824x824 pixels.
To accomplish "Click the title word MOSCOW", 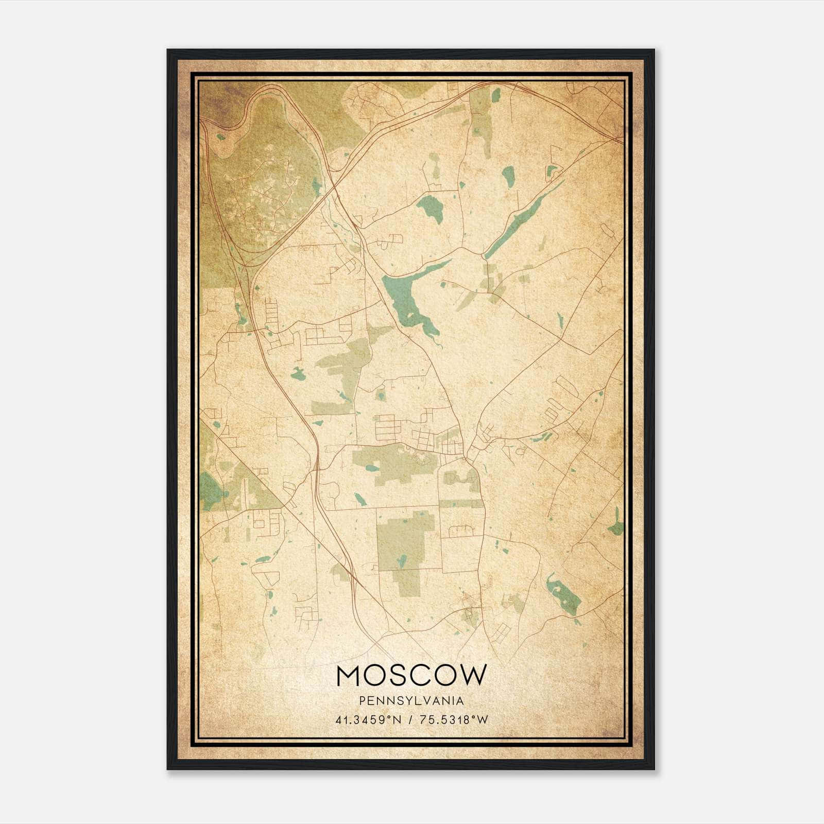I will point(411,675).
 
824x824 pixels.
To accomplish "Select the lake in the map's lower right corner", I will point(564,595).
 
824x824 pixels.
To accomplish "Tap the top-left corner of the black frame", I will point(168,50).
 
